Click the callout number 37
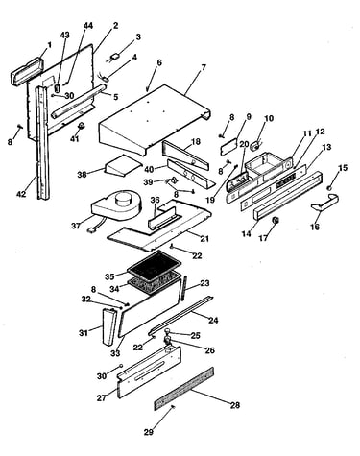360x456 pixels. tap(76, 226)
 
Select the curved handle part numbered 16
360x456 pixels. tap(324, 203)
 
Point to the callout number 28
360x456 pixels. tap(235, 405)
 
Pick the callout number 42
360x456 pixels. tap(21, 194)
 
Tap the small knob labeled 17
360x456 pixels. tap(275, 220)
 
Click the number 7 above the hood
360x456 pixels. tap(204, 68)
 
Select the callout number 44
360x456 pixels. tap(88, 26)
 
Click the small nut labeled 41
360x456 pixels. tap(82, 126)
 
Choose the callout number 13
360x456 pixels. tap(326, 147)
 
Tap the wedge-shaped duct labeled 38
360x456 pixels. tap(122, 166)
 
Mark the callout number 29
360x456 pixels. tap(148, 432)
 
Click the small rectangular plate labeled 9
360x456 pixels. tap(229, 146)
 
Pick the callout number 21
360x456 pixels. tap(204, 238)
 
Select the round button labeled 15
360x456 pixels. tap(329, 188)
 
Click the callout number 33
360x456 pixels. tap(115, 353)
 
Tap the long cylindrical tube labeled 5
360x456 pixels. tap(78, 101)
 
